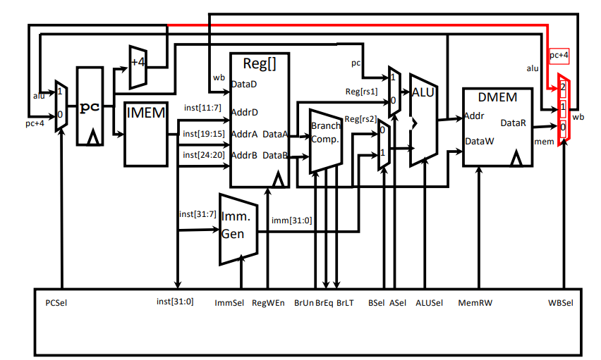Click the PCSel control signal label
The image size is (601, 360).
(x=56, y=303)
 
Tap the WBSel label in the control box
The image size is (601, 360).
(x=560, y=303)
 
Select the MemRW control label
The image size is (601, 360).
(x=475, y=303)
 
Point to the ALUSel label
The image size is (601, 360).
(x=429, y=303)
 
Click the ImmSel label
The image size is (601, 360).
(x=229, y=303)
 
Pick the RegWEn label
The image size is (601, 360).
(x=268, y=303)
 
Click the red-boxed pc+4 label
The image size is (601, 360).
(x=559, y=55)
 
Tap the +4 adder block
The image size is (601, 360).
(x=138, y=68)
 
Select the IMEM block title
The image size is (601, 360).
(x=145, y=113)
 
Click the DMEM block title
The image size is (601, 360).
(x=497, y=97)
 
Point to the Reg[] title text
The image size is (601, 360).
(x=260, y=63)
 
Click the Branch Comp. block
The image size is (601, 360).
(x=325, y=141)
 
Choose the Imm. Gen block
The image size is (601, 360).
(x=238, y=229)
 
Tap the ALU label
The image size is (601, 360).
(x=423, y=92)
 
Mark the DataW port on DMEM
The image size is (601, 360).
(x=480, y=142)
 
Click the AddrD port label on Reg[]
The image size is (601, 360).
(x=245, y=112)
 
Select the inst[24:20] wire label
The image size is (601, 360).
(x=204, y=155)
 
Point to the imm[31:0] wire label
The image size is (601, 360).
(x=292, y=221)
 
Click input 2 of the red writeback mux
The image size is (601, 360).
(x=563, y=87)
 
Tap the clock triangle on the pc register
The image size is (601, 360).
(x=92, y=137)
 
